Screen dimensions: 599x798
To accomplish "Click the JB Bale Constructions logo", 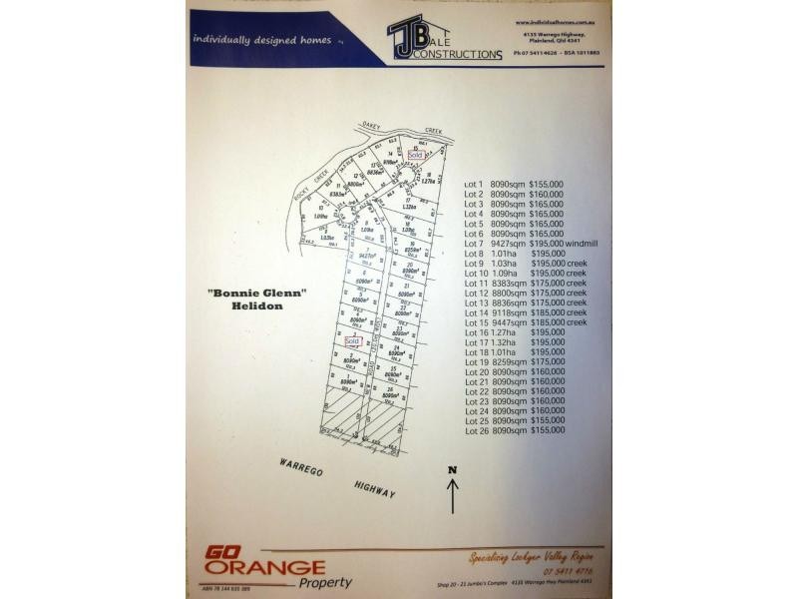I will click(444, 40).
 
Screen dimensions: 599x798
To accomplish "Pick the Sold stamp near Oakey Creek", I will click(416, 156).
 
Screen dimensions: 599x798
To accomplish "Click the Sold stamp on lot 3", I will click(351, 340).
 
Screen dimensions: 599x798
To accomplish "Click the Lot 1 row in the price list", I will click(514, 185).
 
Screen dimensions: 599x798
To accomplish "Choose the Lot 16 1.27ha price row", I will click(514, 333).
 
